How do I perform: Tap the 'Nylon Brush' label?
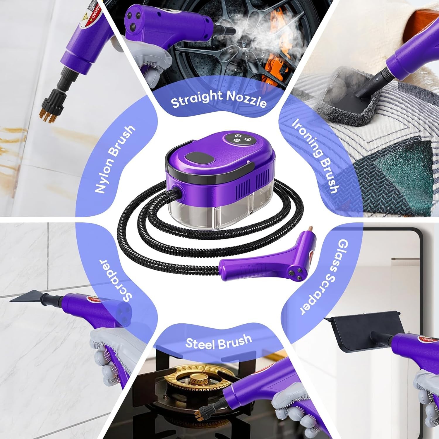point(115,160)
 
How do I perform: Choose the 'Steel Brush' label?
point(219,341)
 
